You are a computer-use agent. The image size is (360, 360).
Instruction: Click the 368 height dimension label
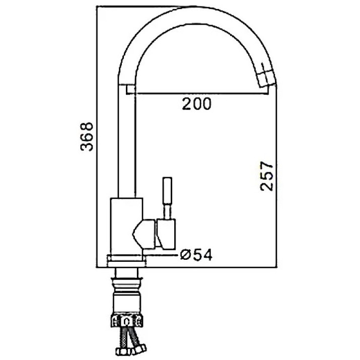click(x=87, y=136)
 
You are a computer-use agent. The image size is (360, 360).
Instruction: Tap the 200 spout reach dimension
click(x=196, y=104)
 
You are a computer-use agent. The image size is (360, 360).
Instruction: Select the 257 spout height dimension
click(x=267, y=176)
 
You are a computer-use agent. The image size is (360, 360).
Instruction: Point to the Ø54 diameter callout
click(x=196, y=255)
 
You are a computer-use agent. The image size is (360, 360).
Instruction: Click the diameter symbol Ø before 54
click(x=185, y=255)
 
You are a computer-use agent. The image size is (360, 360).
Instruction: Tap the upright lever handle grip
click(x=167, y=190)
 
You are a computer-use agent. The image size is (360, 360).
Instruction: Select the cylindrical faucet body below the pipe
click(x=126, y=227)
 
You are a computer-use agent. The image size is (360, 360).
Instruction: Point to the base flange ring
click(x=126, y=261)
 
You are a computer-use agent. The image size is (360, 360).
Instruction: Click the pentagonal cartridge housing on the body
click(x=143, y=234)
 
